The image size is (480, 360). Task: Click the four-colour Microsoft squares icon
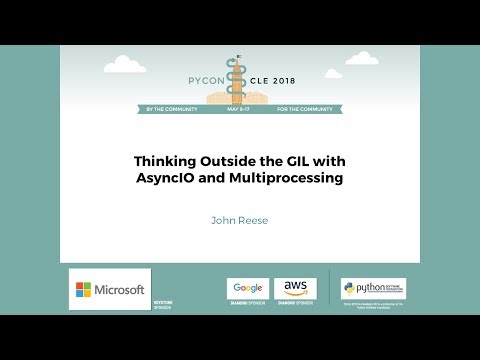(85, 290)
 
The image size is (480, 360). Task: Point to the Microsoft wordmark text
(119, 290)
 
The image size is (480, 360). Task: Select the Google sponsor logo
(247, 288)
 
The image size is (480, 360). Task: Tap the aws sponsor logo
(295, 288)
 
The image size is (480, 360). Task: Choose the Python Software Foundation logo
(373, 288)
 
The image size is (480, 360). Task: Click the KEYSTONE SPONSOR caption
(162, 304)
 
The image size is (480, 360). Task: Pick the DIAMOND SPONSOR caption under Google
(247, 303)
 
